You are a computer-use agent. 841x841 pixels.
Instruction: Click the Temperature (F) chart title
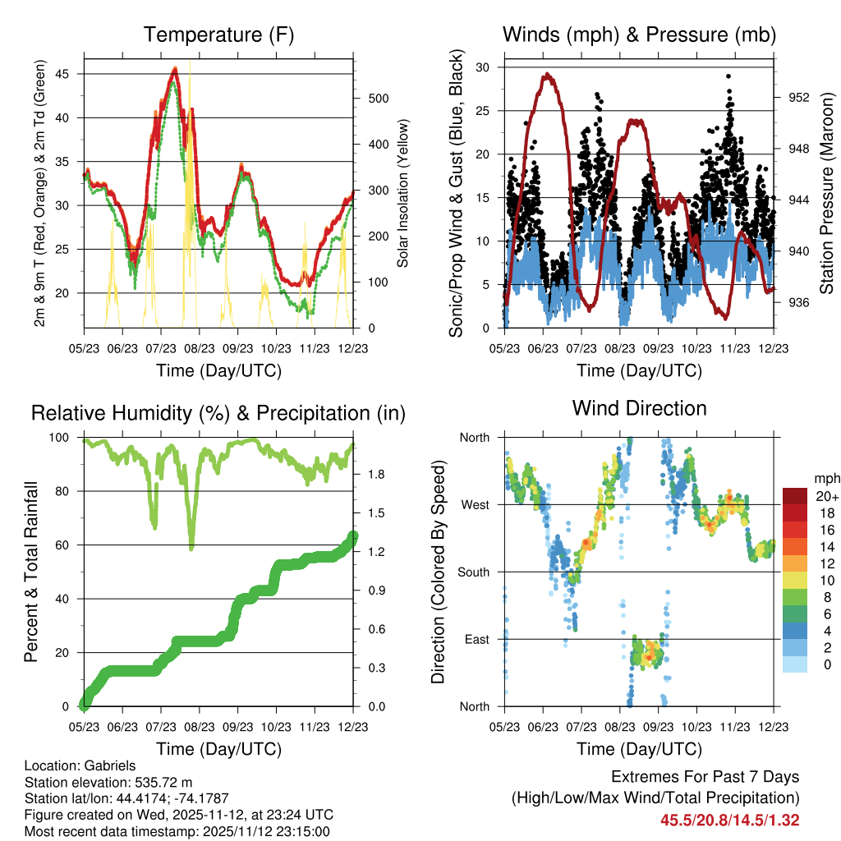[218, 34]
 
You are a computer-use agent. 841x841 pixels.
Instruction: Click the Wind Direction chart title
[639, 408]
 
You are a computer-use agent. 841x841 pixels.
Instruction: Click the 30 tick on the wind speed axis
[484, 67]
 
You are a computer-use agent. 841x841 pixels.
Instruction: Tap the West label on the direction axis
[476, 504]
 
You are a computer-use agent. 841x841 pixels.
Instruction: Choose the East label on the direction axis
[477, 639]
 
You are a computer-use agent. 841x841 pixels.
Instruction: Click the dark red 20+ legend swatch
[795, 496]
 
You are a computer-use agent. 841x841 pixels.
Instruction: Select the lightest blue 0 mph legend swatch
[795, 664]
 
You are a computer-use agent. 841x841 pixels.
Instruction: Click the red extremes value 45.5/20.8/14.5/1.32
[730, 820]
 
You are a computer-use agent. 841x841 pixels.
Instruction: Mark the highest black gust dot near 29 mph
[728, 76]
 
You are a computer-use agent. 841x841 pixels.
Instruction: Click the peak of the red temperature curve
[175, 70]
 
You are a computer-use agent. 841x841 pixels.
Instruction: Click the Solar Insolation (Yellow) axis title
[403, 193]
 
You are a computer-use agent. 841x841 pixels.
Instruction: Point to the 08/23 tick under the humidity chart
[200, 726]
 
